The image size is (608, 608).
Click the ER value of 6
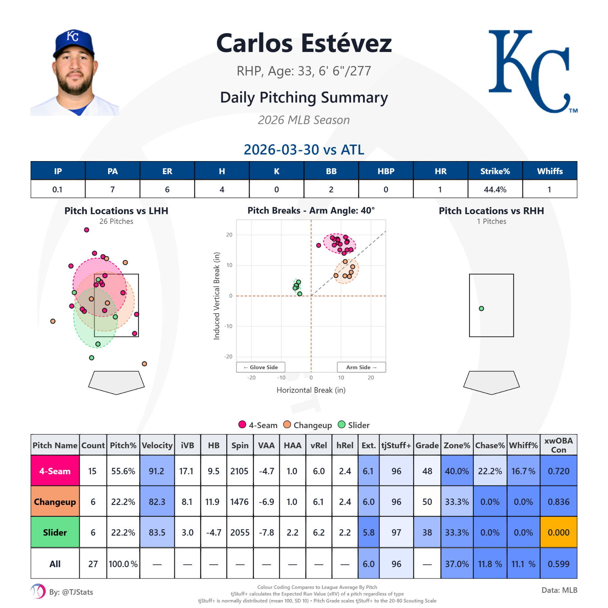coord(167,189)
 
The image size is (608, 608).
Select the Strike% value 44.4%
coord(495,189)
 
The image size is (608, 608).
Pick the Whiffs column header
coord(550,171)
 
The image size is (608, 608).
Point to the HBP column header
coord(386,171)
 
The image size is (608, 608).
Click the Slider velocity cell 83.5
coord(157,532)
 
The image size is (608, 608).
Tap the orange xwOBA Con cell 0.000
coord(558,532)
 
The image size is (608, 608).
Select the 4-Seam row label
coord(55,471)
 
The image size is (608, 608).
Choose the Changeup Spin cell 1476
coord(239,502)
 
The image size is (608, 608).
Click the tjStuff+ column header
coord(396,446)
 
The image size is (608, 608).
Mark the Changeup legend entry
coord(308,425)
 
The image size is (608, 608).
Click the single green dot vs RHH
coord(481,308)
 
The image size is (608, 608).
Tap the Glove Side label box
coord(261,367)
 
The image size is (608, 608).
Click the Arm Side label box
coord(361,367)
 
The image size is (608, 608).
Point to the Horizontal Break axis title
coord(311,390)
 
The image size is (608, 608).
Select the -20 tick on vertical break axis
coord(229,357)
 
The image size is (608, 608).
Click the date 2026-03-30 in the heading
coord(281,150)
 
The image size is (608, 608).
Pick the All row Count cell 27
coord(93,564)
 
